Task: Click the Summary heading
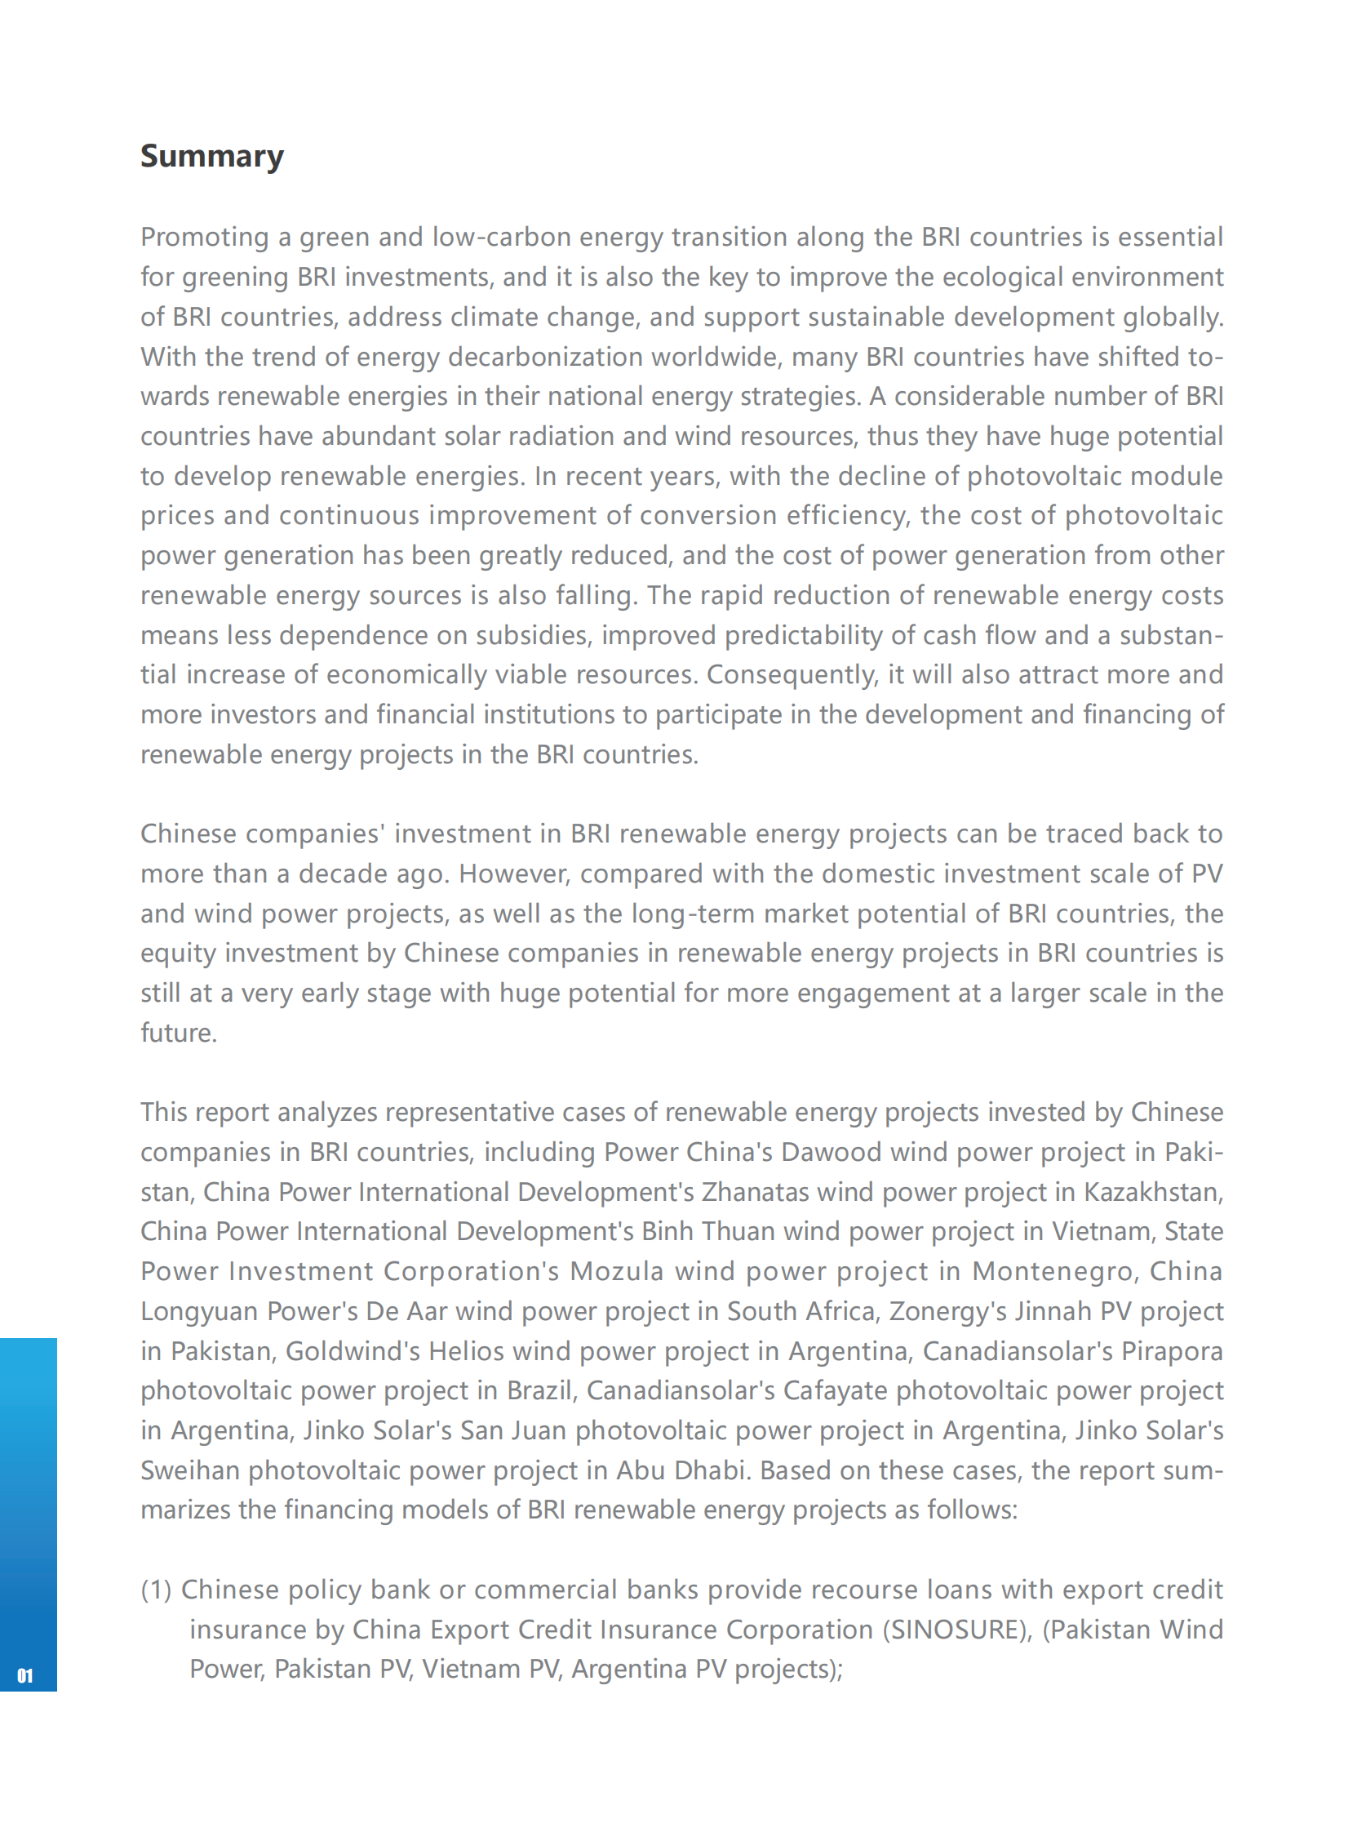tap(211, 156)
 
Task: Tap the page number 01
tap(24, 1676)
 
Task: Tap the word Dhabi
tap(711, 1470)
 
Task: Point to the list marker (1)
tap(156, 1590)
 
